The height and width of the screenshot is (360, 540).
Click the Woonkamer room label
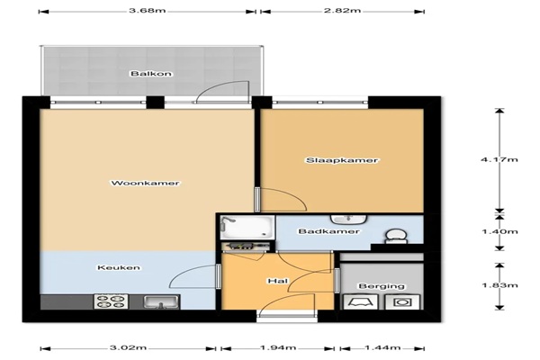point(145,183)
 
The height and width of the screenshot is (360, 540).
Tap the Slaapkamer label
point(342,160)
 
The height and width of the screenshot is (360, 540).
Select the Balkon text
point(151,74)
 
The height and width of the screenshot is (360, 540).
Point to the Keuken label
point(119,267)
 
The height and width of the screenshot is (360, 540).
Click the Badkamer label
point(328,231)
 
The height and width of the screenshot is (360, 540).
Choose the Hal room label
point(278,281)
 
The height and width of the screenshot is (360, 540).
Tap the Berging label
point(382,286)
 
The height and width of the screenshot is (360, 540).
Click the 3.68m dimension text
point(148,10)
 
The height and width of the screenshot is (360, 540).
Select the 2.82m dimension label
point(342,10)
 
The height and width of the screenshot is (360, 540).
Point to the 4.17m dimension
point(499,159)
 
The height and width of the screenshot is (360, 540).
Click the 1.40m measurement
point(499,231)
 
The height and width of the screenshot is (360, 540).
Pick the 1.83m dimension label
point(499,285)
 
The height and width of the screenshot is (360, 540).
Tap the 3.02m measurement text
point(128,347)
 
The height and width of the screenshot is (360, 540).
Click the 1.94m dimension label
point(277,347)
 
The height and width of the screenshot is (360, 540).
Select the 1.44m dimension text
point(382,347)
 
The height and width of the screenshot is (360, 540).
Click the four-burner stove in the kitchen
point(111,301)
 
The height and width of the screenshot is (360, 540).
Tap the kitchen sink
point(161,302)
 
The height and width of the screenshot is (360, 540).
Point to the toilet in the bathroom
point(396,237)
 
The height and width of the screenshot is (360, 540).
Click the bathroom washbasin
point(349,219)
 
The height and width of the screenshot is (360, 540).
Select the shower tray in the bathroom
point(247,227)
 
